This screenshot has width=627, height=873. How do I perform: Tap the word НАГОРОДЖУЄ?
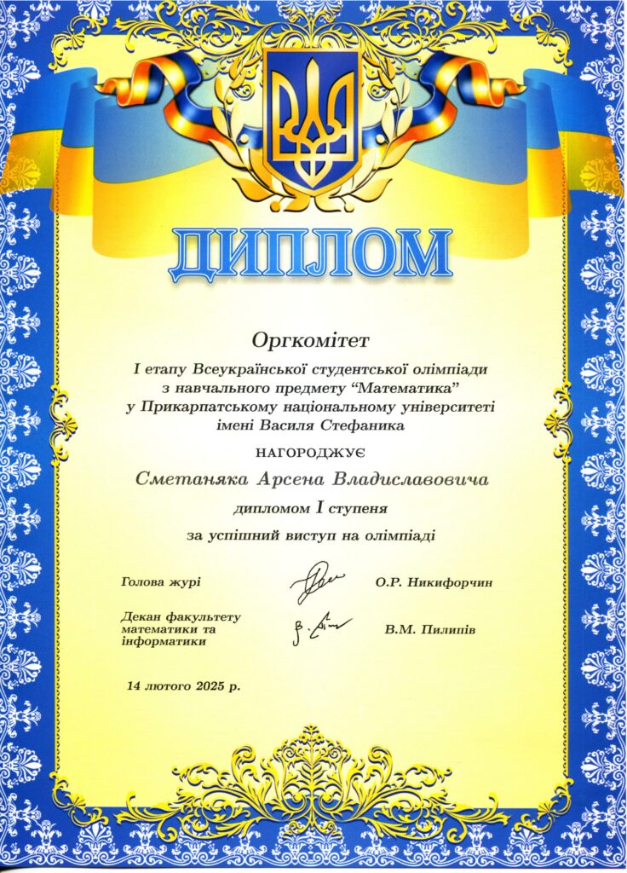[313, 453]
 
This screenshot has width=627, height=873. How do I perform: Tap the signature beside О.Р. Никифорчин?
[314, 581]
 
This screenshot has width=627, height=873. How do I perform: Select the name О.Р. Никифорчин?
[433, 583]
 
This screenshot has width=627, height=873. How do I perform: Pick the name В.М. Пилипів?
[429, 630]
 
